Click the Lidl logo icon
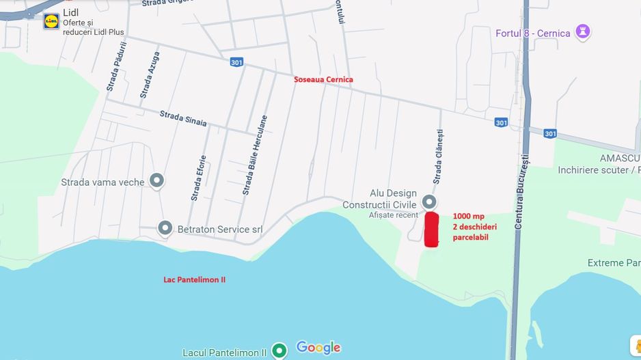coord(51,21)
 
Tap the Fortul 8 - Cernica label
coord(533,33)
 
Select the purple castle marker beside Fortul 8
coord(583,31)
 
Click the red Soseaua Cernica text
coord(323,79)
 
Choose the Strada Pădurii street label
coord(117,67)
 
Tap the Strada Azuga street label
coord(150,74)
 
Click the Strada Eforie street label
coord(199,178)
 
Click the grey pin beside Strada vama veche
coord(157,180)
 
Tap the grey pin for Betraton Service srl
coord(165,228)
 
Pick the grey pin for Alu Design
coord(429,202)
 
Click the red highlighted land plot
coord(431,230)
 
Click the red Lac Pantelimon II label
coord(194,280)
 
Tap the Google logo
coord(318,348)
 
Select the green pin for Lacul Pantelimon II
coord(279,350)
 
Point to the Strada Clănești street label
coord(437,156)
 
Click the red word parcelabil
coord(470,237)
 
